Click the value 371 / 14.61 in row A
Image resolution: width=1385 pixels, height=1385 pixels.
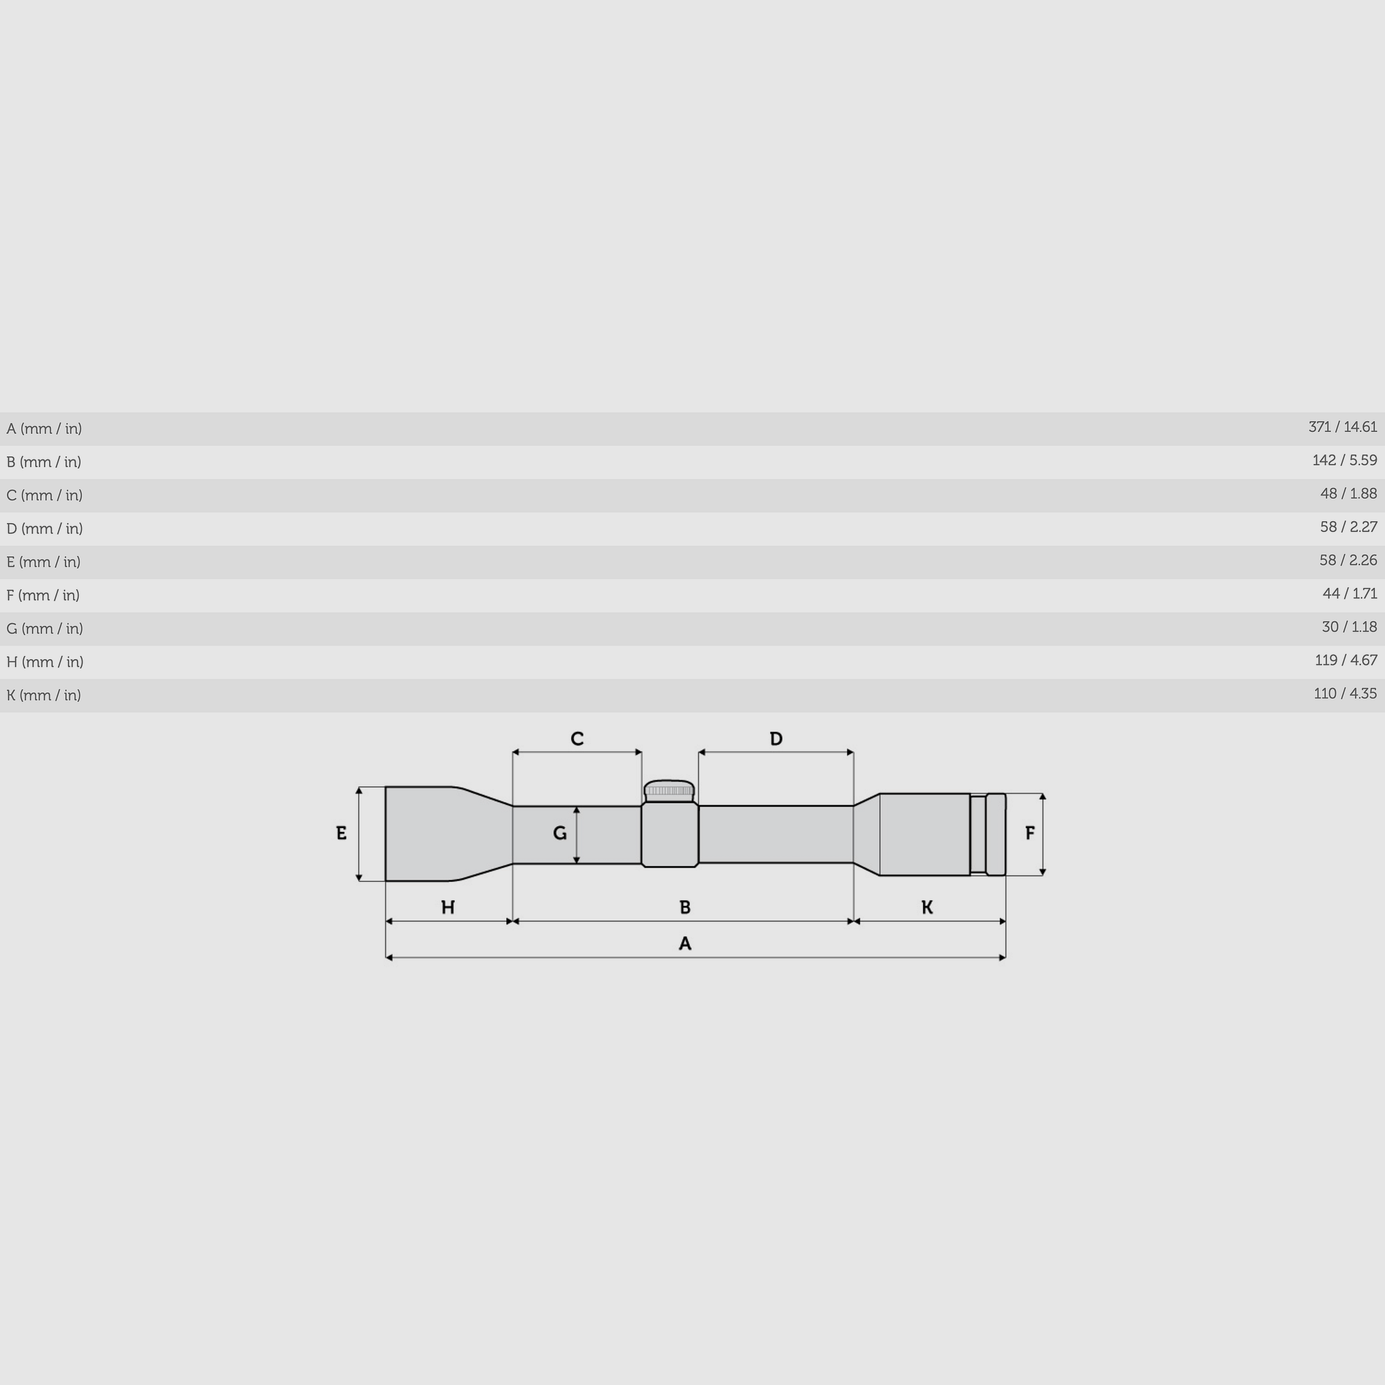coord(1342,427)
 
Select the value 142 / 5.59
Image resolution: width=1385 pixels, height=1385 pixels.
coord(1344,460)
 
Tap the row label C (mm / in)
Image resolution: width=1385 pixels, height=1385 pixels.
coord(45,495)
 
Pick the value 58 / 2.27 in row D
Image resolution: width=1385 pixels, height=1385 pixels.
coord(1348,527)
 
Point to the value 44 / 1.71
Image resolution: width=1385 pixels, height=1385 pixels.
coord(1349,594)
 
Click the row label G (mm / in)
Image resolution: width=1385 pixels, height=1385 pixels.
coord(45,628)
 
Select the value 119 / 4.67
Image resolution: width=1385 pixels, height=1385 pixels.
coord(1345,660)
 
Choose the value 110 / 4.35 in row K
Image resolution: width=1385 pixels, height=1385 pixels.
coord(1345,693)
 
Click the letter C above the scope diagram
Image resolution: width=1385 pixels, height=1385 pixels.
coord(577,738)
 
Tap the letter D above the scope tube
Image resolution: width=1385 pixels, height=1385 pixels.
coord(776,738)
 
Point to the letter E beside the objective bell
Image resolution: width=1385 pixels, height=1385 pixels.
coord(341,833)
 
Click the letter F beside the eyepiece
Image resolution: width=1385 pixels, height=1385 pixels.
coord(1030,833)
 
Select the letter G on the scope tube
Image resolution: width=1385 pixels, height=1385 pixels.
coord(560,833)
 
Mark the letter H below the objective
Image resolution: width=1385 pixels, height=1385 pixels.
coord(448,908)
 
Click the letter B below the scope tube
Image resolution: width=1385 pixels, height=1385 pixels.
coord(684,908)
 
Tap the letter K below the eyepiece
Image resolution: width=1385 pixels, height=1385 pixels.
coord(927,908)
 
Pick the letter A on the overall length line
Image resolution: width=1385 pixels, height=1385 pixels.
coord(684,944)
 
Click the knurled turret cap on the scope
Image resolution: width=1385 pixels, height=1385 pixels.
coord(669,790)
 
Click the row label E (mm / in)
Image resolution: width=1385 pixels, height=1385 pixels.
coord(43,562)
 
